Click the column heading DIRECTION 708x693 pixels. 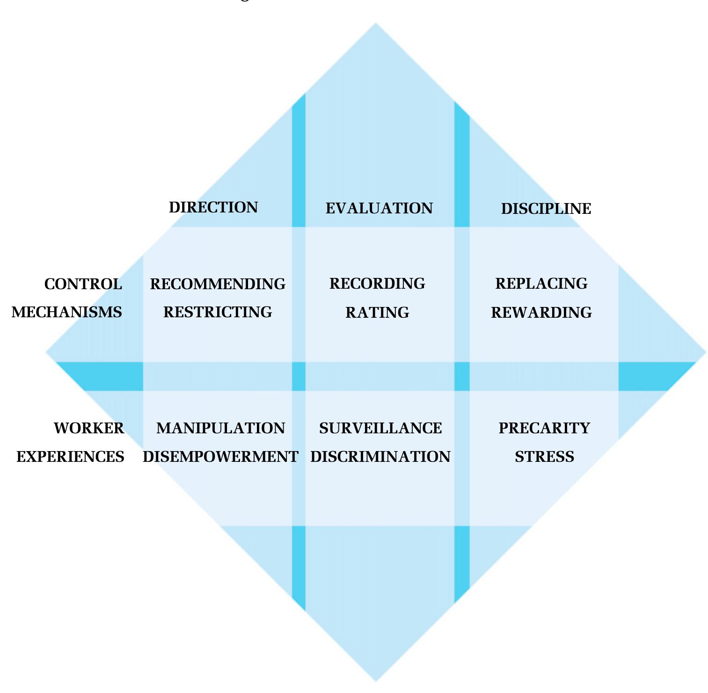point(213,207)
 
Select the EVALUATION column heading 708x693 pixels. point(379,208)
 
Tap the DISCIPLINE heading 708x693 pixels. point(546,209)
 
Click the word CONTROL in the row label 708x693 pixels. point(83,284)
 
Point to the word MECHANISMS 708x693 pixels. point(66,312)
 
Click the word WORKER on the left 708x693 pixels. point(89,428)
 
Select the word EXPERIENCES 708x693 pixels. point(70,457)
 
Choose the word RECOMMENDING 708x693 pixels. point(218,284)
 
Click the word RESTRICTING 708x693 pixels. point(218,312)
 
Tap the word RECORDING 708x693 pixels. point(377,284)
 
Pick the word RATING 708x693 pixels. point(377,313)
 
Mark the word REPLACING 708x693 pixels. point(541,284)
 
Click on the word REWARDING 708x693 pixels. point(541,313)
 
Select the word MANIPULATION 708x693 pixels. point(220,428)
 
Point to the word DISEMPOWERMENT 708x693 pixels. point(220,457)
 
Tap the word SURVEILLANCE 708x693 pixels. point(380,428)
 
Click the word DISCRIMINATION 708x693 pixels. point(380,457)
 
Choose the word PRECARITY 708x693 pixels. point(544,428)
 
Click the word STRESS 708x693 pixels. point(544,457)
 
